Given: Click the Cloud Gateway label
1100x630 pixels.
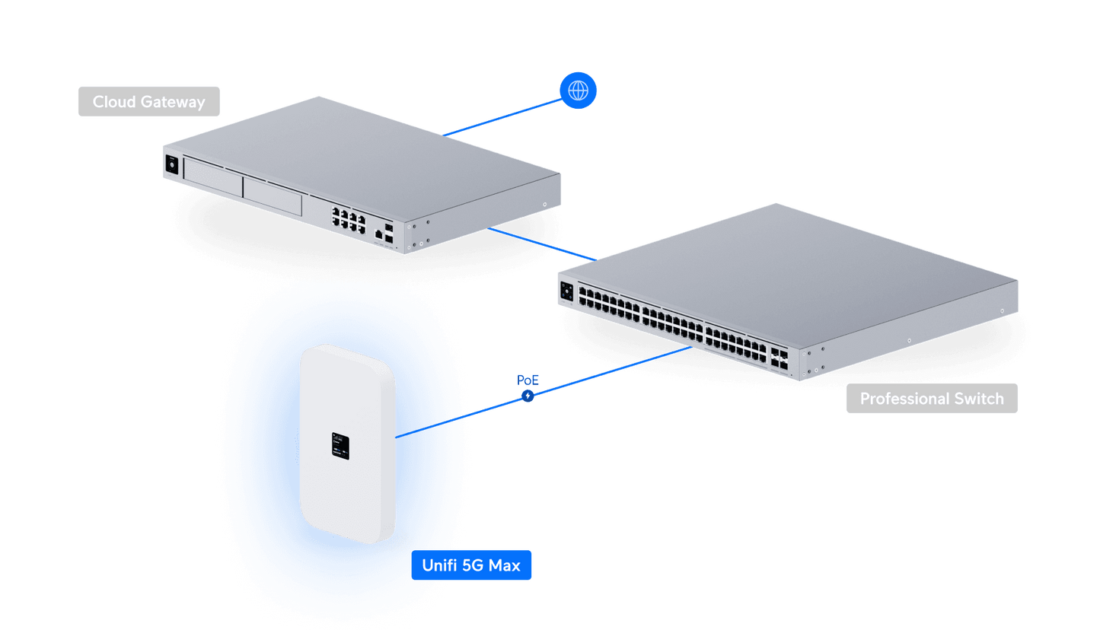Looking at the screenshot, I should (148, 102).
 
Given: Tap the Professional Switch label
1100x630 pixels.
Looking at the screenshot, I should (931, 399).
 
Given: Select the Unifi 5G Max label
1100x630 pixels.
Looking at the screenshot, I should (471, 566).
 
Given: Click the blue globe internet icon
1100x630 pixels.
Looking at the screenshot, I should (578, 91).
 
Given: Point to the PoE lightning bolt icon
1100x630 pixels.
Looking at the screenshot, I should (528, 396).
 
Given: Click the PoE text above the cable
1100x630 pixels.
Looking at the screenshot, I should (528, 379).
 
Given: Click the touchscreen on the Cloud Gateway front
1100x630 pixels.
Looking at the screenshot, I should (171, 164).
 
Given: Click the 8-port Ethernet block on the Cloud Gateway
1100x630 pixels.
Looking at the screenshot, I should (349, 219).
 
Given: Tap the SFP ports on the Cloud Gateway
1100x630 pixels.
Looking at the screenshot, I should (390, 234).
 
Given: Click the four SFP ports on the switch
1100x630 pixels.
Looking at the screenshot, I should (779, 360).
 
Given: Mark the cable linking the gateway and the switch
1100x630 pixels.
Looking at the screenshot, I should (540, 243).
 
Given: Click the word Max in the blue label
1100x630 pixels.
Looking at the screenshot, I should (505, 566).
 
